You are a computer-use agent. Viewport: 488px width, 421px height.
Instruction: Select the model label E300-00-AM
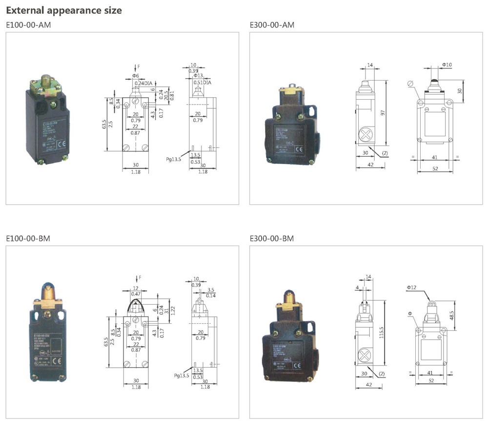272,25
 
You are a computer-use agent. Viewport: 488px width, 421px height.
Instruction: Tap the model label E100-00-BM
28,238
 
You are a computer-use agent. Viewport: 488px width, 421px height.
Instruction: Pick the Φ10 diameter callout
447,65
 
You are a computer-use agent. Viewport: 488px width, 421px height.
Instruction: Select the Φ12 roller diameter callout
411,288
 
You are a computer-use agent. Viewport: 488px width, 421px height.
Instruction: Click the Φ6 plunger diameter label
135,76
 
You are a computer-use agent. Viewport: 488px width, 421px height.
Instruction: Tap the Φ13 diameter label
198,76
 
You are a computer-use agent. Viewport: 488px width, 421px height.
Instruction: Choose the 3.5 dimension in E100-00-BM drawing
210,290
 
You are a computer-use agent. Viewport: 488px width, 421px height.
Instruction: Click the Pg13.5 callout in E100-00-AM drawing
174,159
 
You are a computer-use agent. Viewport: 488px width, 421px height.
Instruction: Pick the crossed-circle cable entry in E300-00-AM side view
364,134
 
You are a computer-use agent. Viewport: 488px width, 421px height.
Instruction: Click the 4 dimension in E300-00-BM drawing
358,288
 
